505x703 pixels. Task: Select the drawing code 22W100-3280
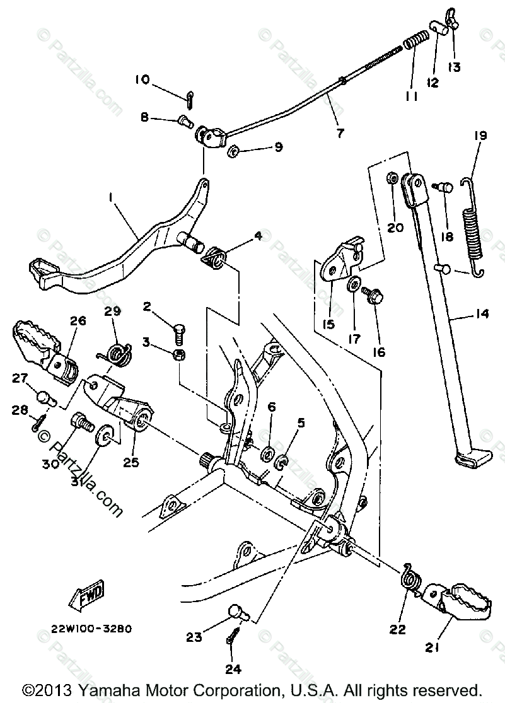point(93,628)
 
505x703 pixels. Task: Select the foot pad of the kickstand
point(472,457)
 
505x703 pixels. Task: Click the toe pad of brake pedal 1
point(44,271)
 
